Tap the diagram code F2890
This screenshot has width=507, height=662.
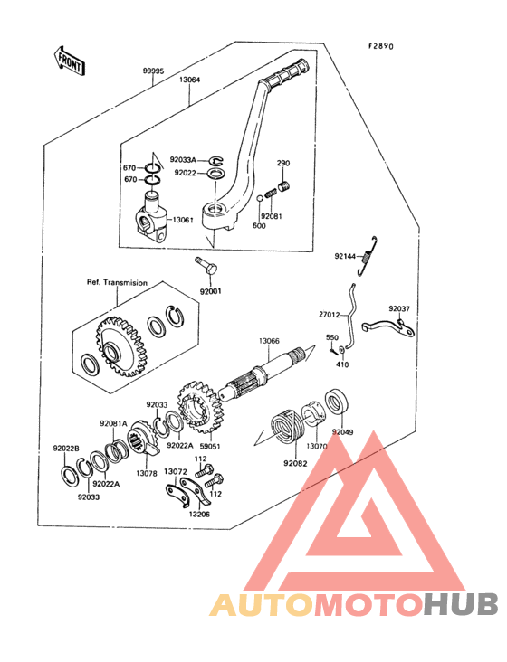tap(381, 46)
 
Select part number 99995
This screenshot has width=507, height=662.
tap(152, 71)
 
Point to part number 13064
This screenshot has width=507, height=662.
tap(189, 80)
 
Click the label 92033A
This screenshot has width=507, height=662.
tap(183, 159)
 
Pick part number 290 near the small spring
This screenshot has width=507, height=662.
tap(282, 164)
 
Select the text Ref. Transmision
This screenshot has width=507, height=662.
tap(117, 282)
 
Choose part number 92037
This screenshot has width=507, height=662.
tap(399, 308)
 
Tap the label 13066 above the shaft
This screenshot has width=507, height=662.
tap(269, 341)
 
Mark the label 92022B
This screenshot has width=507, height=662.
tap(66, 449)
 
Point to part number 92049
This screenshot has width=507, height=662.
tap(343, 432)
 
